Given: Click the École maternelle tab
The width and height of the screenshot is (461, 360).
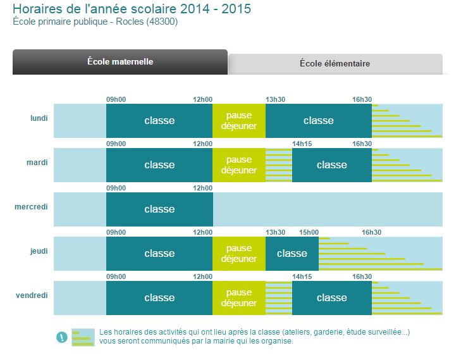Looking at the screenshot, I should point(120,62).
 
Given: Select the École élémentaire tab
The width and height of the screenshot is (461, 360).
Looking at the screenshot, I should point(335,64).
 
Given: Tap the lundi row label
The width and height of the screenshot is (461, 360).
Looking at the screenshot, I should point(39,118).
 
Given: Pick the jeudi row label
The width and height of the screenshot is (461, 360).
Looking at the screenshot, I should point(39,251).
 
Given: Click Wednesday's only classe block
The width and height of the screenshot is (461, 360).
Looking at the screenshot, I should point(159,209).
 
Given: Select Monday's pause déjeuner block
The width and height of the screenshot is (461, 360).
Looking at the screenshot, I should point(238,121).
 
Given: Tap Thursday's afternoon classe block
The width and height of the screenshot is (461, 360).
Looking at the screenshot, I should point(292,254).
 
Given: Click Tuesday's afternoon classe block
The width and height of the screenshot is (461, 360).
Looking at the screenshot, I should point(331,165).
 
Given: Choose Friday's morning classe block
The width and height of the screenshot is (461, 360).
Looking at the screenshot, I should point(159,298).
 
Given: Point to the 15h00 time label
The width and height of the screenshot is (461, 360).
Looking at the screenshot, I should point(309,232).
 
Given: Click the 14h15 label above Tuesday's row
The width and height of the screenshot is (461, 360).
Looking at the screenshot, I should point(302,144).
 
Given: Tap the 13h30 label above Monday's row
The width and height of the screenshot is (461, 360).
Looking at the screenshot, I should point(275,99).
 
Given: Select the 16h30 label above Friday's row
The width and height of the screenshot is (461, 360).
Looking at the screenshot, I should point(362,276).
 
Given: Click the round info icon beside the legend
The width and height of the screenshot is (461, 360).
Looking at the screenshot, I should point(61,337).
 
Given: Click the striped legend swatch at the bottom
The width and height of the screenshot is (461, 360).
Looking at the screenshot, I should point(82,337).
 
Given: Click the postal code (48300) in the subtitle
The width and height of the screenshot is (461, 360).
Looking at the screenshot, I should point(163,22).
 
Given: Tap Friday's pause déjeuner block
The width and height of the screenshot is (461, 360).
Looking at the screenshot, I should point(238,298).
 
